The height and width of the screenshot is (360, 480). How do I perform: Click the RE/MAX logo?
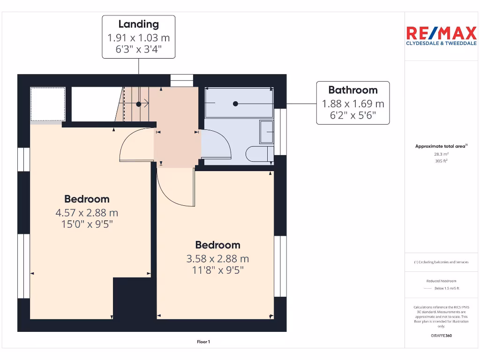(441, 36)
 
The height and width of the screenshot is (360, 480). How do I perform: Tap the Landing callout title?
(138, 24)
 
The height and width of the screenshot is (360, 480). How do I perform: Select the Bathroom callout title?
(352, 90)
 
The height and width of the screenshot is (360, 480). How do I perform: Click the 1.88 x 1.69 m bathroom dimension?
(352, 104)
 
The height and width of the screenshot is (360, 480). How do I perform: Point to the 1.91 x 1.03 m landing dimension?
(138, 37)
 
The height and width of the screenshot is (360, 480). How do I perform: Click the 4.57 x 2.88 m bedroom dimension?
(87, 212)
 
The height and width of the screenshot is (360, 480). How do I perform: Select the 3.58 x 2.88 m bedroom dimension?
(217, 258)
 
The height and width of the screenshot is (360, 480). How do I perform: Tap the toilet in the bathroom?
(260, 154)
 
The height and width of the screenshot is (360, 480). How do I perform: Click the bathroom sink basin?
(267, 132)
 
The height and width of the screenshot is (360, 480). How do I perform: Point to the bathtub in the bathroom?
(239, 103)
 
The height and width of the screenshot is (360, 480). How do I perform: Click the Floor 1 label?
(203, 342)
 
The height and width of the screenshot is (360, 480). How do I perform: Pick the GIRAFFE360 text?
(441, 336)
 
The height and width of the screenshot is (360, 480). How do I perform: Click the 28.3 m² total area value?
(441, 154)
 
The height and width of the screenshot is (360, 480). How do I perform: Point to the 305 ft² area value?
(441, 161)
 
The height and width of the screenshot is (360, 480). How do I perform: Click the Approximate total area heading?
(441, 146)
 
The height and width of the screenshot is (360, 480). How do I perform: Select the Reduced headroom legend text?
(441, 281)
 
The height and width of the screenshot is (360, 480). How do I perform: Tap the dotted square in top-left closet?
(47, 104)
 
